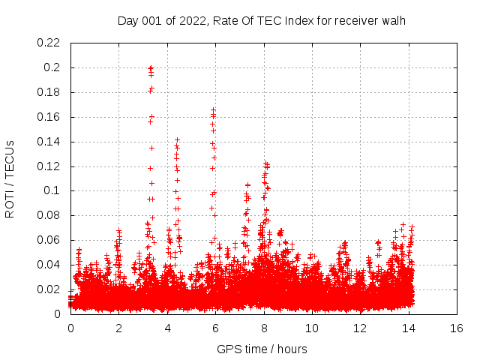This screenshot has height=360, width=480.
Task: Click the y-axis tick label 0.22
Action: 49,43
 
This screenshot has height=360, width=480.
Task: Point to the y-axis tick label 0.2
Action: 54,67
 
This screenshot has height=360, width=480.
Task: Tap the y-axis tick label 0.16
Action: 49,117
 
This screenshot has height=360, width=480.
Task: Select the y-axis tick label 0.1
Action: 54,190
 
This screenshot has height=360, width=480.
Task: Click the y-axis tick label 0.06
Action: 49,240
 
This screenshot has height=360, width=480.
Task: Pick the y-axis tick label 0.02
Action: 49,289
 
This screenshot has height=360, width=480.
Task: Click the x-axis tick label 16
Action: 456,328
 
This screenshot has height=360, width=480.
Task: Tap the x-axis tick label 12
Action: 359,328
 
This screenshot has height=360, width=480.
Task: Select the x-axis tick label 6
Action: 215,328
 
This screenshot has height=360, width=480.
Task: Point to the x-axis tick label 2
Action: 118,328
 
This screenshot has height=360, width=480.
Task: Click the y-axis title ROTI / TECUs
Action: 10,178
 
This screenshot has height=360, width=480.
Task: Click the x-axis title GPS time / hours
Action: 262,349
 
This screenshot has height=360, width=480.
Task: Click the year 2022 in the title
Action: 193,20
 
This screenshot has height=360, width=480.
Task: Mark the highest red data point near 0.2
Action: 151,67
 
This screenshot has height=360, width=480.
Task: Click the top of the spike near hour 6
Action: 214,110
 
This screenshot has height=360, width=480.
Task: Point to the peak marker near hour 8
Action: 265,162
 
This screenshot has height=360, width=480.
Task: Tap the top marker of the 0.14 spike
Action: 177,139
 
